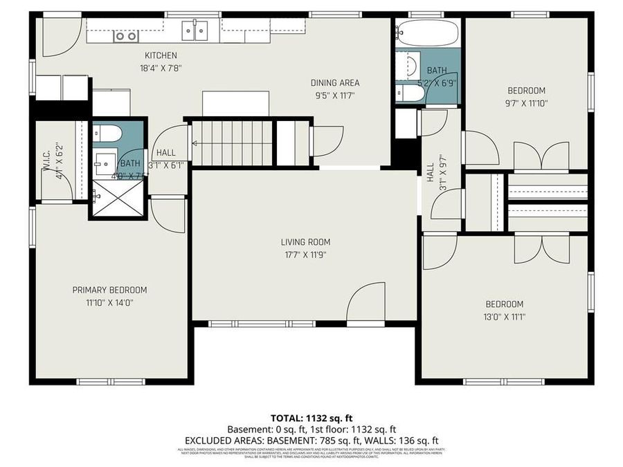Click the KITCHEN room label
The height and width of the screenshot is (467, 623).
point(161,55)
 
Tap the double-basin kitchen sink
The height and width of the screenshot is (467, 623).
point(195,31)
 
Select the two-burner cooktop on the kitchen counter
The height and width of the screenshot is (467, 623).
point(125,36)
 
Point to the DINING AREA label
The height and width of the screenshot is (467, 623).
point(334,83)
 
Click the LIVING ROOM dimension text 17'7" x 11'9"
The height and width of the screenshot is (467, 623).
point(305,255)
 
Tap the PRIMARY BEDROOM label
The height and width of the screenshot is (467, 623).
point(109,290)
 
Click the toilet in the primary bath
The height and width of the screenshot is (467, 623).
point(107,133)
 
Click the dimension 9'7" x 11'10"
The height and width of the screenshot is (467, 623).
point(526,103)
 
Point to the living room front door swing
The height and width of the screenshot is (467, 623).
point(365,302)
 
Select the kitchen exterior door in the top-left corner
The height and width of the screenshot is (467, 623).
point(57,36)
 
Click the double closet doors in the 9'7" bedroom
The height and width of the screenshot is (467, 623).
point(541,156)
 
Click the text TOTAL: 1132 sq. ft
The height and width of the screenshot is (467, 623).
point(311,418)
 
